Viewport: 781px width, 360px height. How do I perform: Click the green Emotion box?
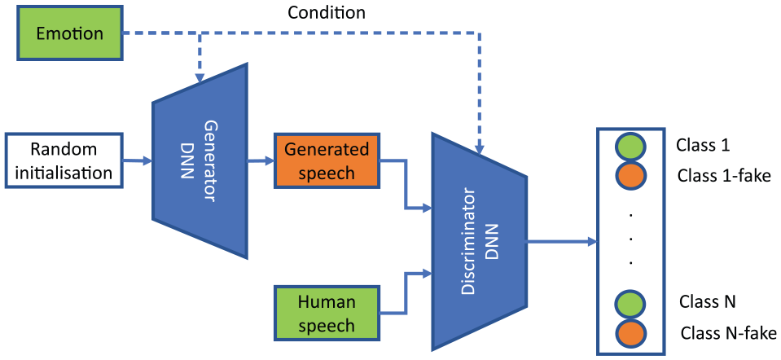[70, 34]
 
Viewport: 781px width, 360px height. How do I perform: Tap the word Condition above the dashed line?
[327, 12]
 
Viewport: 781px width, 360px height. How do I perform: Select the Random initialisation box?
[64, 160]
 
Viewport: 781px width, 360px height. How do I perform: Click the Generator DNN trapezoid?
[200, 160]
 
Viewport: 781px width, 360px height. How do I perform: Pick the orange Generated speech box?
[327, 160]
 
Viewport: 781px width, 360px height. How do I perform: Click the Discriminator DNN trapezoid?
[480, 242]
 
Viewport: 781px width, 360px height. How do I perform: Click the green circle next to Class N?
[630, 304]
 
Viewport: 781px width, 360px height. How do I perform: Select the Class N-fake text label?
[728, 332]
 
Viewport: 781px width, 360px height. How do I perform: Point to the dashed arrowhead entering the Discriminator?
[480, 149]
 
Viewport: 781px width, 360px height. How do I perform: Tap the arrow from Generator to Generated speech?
[261, 160]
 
